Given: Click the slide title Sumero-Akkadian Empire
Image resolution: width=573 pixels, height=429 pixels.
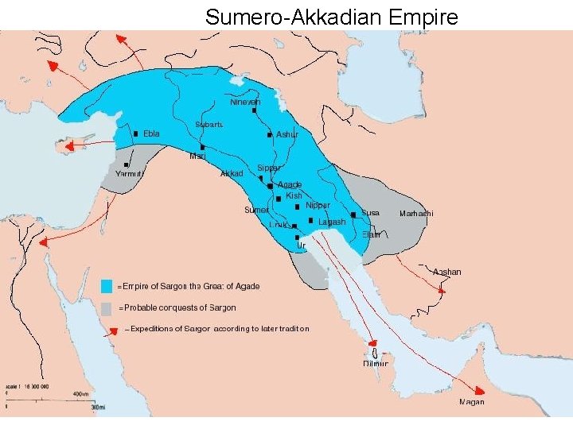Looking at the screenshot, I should pos(332,16).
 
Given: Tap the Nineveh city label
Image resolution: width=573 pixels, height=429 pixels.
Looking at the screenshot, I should pos(245,102).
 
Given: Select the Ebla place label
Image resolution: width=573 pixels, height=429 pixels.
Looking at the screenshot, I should pos(151,133).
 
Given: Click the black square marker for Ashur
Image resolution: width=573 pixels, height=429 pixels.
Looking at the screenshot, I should pos(270,134).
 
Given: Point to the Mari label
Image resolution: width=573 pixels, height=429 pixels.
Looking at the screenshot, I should pos(197,156).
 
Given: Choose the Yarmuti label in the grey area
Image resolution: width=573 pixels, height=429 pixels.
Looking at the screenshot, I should pos(129,173).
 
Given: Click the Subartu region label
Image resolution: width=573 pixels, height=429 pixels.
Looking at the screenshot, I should pos(209,124).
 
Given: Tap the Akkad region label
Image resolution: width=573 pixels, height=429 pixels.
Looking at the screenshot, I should pos(231,173).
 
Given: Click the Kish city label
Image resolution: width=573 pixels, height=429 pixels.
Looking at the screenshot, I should pos(294,195).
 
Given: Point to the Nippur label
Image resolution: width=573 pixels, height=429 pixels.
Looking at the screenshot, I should pos(318,205).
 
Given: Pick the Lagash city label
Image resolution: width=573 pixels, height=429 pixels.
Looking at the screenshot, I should pos(332,222).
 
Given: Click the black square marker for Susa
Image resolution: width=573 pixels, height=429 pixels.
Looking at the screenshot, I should pos(353,214).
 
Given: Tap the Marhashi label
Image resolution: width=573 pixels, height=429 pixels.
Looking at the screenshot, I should pos(416,213).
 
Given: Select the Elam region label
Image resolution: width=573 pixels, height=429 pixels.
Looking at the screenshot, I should pos(371,234).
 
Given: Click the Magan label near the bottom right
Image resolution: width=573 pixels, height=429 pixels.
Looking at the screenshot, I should pos(471,402).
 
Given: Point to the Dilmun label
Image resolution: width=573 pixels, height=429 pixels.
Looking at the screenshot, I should pos(376,363).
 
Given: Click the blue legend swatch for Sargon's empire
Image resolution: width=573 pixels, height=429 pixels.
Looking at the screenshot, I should pos(106,286).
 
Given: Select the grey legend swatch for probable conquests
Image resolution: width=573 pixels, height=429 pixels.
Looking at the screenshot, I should pos(106,307).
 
